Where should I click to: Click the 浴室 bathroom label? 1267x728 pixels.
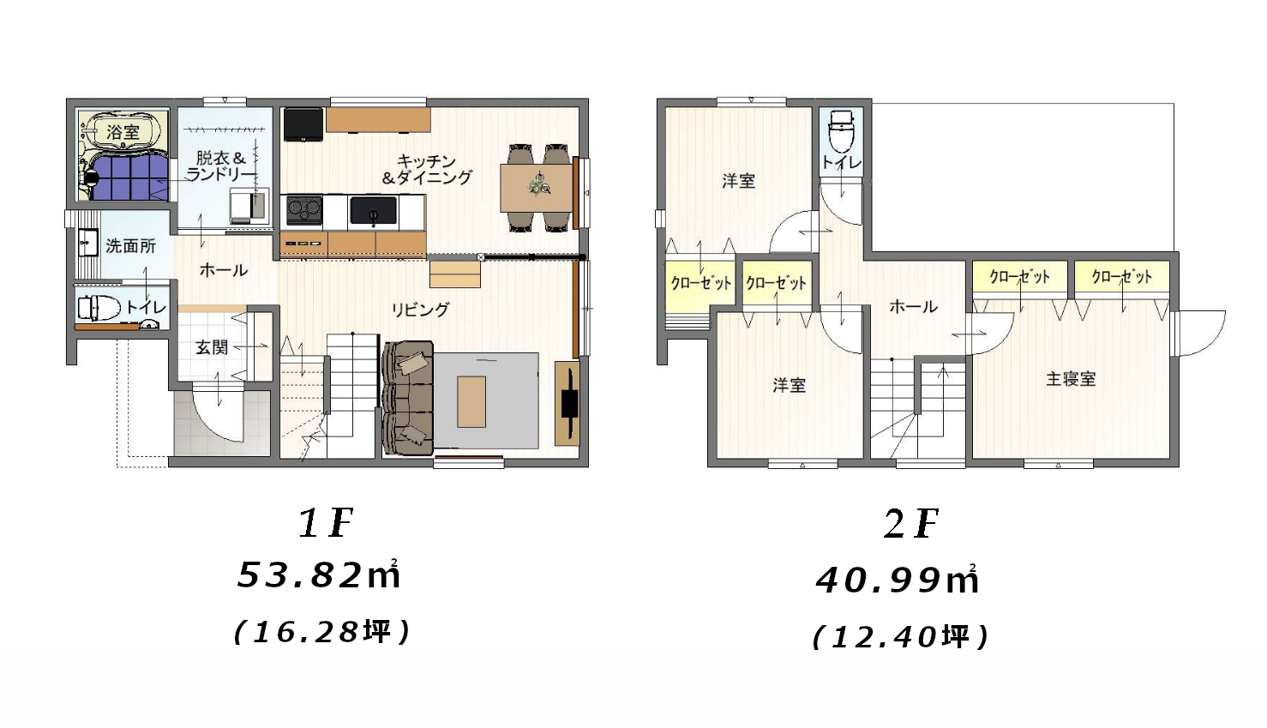point(123,132)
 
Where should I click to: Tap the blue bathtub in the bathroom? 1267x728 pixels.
point(129,177)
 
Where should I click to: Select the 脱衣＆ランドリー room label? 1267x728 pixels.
point(220,165)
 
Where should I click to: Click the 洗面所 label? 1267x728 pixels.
point(130,246)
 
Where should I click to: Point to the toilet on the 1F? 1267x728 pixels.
point(99,307)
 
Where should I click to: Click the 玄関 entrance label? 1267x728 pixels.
point(211,347)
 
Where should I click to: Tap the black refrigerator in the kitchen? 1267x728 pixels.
point(303,123)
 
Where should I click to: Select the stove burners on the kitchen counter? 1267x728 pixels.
point(303,209)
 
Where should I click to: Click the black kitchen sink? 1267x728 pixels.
point(373,210)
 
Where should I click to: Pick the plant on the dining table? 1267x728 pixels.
point(539,184)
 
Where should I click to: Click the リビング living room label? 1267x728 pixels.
point(419,310)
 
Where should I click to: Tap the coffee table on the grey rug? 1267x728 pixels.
point(471,400)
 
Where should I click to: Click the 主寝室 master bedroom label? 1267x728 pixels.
point(1071,378)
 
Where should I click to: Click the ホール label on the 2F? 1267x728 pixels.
point(913,306)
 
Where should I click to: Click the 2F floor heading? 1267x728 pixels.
point(911,523)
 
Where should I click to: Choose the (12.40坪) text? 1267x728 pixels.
point(900,636)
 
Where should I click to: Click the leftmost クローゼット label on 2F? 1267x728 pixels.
point(700,282)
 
